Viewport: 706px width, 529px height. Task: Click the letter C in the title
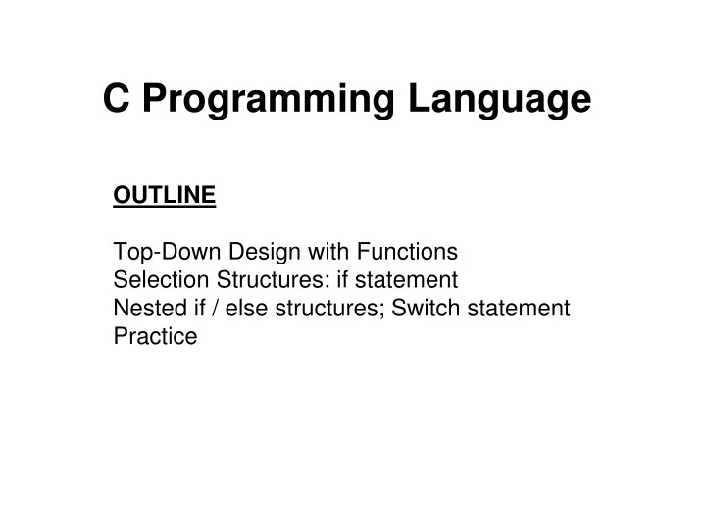pyautogui.click(x=118, y=99)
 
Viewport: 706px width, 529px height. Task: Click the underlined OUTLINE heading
pyautogui.click(x=165, y=195)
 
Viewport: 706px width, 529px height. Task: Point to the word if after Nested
pyautogui.click(x=200, y=309)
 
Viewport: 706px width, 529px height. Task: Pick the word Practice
pyautogui.click(x=155, y=337)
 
